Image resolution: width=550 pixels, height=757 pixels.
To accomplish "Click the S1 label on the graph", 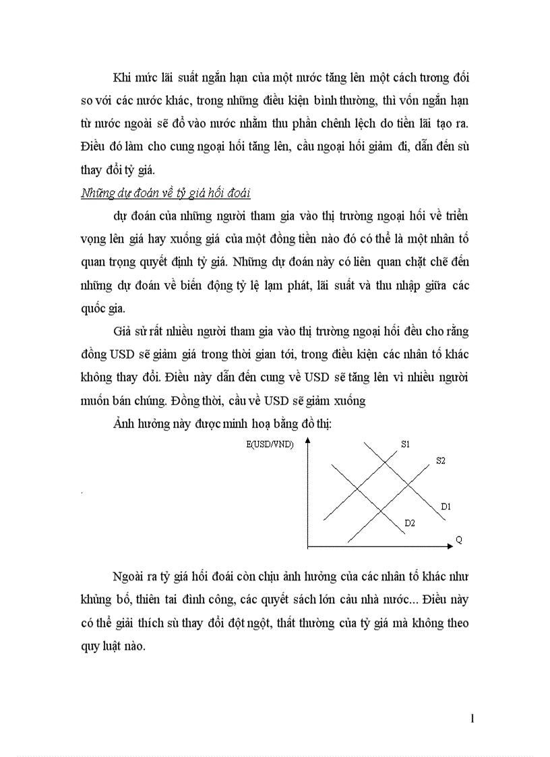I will point(406,444).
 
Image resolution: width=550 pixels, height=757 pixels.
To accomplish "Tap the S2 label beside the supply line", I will point(441,461).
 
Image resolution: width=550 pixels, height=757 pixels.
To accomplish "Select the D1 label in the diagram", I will point(446,506).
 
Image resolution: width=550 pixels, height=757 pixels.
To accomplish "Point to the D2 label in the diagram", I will point(409,522).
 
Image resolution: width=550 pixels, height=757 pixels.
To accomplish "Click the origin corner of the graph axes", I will point(308,545).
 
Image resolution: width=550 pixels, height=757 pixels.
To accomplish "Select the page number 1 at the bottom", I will point(472,719).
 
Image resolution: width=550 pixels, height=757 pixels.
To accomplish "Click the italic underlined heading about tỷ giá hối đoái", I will point(165,194).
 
